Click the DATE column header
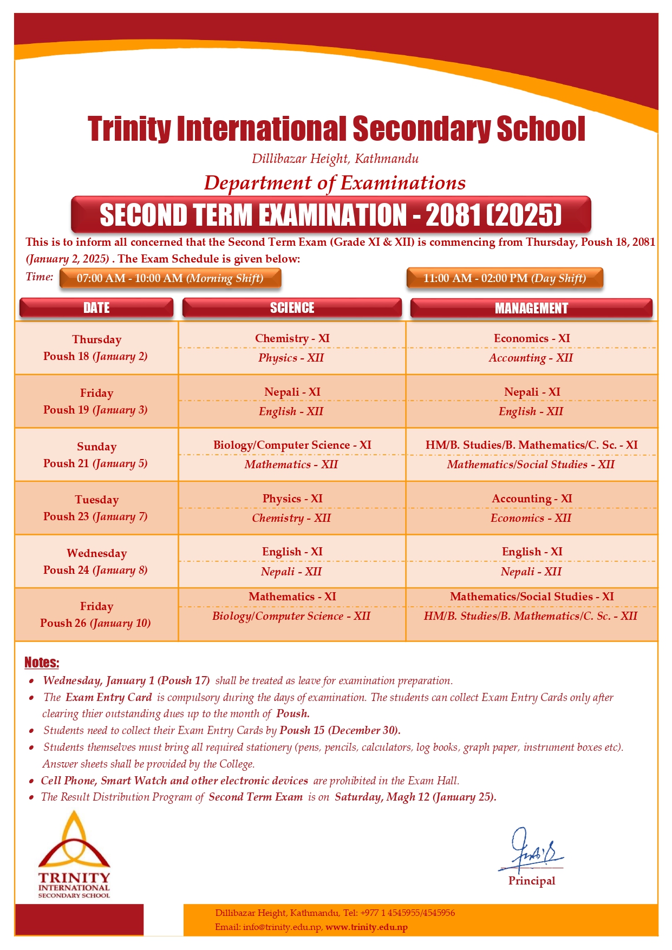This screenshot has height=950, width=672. (x=96, y=307)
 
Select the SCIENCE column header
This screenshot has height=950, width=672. (x=292, y=307)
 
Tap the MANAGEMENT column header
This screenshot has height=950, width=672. (x=531, y=308)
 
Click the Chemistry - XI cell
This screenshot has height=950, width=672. (x=292, y=338)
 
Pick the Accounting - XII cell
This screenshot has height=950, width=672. (x=531, y=358)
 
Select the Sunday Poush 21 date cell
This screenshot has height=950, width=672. (x=96, y=455)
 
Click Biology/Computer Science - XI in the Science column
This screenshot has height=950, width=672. (x=292, y=445)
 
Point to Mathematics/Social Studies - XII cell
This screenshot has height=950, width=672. (x=531, y=464)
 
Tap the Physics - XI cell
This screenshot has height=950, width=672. (x=292, y=499)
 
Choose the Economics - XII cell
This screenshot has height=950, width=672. (x=531, y=518)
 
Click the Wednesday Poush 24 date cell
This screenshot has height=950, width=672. (x=96, y=561)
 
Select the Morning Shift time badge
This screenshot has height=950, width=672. (x=170, y=278)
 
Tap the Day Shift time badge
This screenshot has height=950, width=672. (x=504, y=278)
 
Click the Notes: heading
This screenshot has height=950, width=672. (x=42, y=663)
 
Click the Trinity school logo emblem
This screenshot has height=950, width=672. (x=74, y=844)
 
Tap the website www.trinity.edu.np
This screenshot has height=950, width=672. (x=366, y=927)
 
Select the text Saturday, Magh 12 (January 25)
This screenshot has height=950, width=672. (x=415, y=797)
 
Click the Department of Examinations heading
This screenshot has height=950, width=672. (x=335, y=183)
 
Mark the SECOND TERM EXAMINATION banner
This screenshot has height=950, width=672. (x=331, y=215)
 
